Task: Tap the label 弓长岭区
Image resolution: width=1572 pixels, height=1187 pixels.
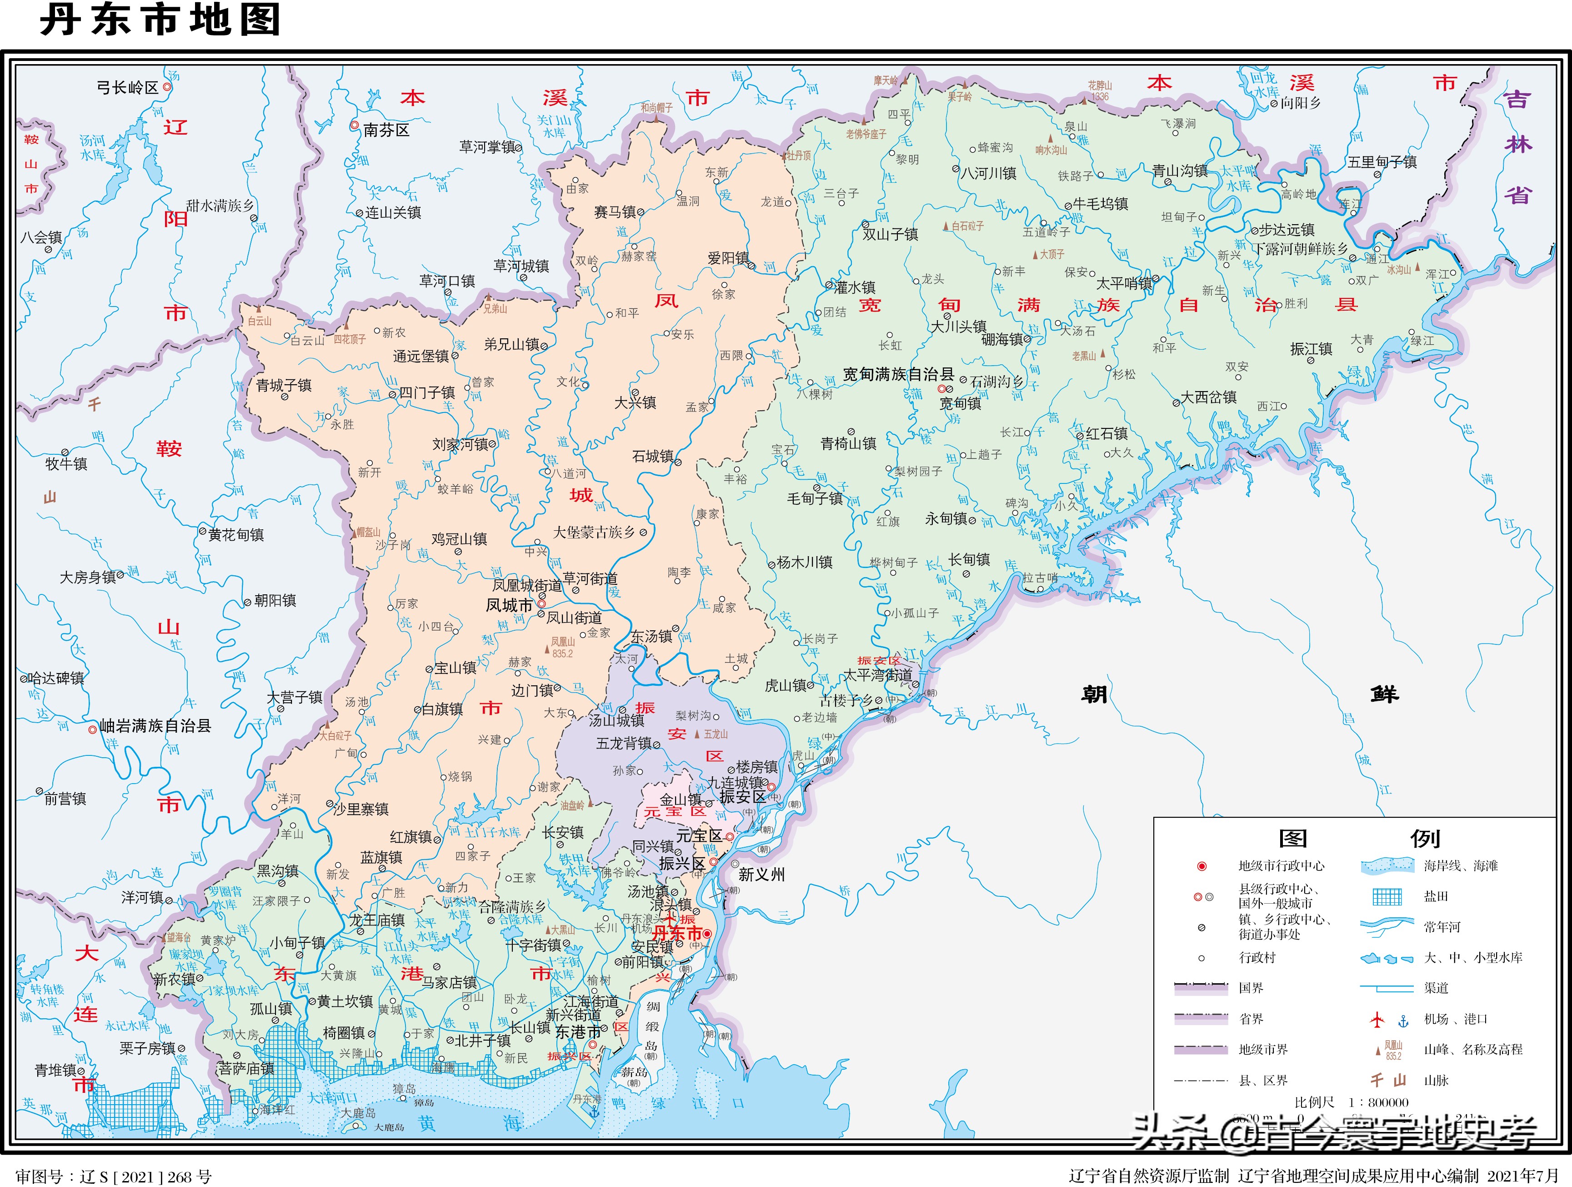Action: coord(127,87)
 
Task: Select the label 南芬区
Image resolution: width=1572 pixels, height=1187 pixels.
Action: coord(386,130)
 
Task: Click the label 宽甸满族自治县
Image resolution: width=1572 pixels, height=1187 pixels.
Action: coord(898,374)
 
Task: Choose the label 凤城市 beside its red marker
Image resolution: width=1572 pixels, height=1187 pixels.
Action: coord(509,605)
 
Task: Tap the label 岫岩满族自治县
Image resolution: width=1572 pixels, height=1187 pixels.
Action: coord(155,726)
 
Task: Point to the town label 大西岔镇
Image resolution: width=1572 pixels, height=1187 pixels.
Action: coord(1208,397)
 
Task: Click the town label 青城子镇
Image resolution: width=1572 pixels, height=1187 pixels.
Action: coord(284,385)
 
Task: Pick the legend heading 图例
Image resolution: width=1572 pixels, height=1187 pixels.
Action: coord(1358,839)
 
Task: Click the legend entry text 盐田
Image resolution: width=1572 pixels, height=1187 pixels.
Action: coord(1436,896)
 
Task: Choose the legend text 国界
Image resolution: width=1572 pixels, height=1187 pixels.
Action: coord(1251,988)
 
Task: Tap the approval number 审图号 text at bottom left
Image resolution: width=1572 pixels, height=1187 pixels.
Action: coord(114,1177)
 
